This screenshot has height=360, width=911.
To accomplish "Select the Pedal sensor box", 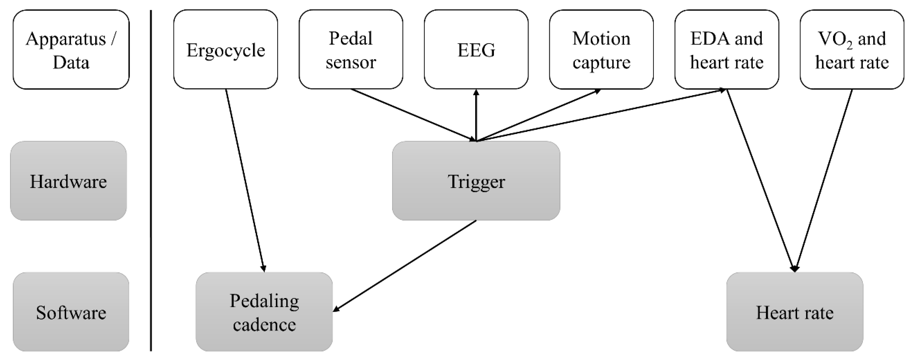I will click(x=351, y=50).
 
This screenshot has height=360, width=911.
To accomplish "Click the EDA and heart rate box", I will click(x=726, y=50).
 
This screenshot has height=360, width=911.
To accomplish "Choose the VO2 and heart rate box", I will click(x=852, y=50).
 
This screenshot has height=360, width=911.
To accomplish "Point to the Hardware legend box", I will click(x=68, y=181).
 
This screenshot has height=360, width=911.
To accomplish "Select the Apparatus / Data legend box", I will click(x=71, y=50).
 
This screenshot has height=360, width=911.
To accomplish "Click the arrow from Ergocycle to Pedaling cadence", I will click(x=245, y=180).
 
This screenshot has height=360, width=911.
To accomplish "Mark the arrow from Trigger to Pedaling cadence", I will click(x=405, y=266).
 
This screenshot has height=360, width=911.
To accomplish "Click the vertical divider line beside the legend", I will click(x=151, y=180).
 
